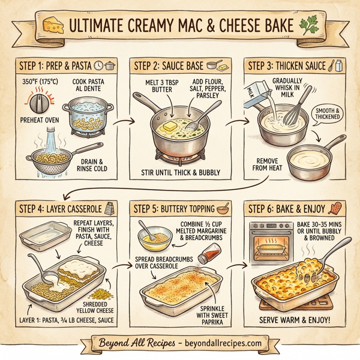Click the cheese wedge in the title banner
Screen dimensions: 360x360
coord(52,26)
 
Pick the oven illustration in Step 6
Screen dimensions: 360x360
coord(266,243)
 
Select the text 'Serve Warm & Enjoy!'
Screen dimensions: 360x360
coord(294,319)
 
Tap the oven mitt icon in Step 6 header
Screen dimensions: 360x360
coord(335,209)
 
